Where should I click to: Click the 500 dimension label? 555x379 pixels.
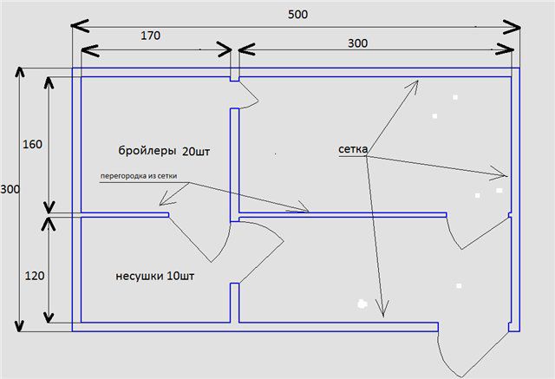pyautogui.click(x=297, y=15)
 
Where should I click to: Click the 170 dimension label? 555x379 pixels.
pyautogui.click(x=150, y=36)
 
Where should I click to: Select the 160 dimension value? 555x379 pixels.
pyautogui.click(x=32, y=144)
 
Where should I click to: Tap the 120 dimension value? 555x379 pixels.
pyautogui.click(x=35, y=276)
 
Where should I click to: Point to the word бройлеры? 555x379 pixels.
pyautogui.click(x=147, y=151)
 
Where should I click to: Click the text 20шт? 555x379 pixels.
pyautogui.click(x=196, y=152)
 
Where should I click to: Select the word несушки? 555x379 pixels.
pyautogui.click(x=140, y=276)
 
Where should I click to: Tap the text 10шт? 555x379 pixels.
pyautogui.click(x=180, y=276)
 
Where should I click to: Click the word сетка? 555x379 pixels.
pyautogui.click(x=353, y=149)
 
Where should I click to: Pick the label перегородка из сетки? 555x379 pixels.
pyautogui.click(x=139, y=176)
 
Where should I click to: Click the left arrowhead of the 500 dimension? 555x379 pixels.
pyautogui.click(x=80, y=25)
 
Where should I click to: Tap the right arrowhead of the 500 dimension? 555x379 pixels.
pyautogui.click(x=512, y=27)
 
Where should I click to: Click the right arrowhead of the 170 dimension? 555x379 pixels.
pyautogui.click(x=224, y=49)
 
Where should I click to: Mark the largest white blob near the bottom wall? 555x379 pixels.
pyautogui.click(x=362, y=304)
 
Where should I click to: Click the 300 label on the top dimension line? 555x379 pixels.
pyautogui.click(x=357, y=43)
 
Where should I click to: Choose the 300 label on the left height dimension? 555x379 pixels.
pyautogui.click(x=10, y=189)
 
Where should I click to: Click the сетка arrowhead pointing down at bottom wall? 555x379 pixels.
pyautogui.click(x=382, y=309)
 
